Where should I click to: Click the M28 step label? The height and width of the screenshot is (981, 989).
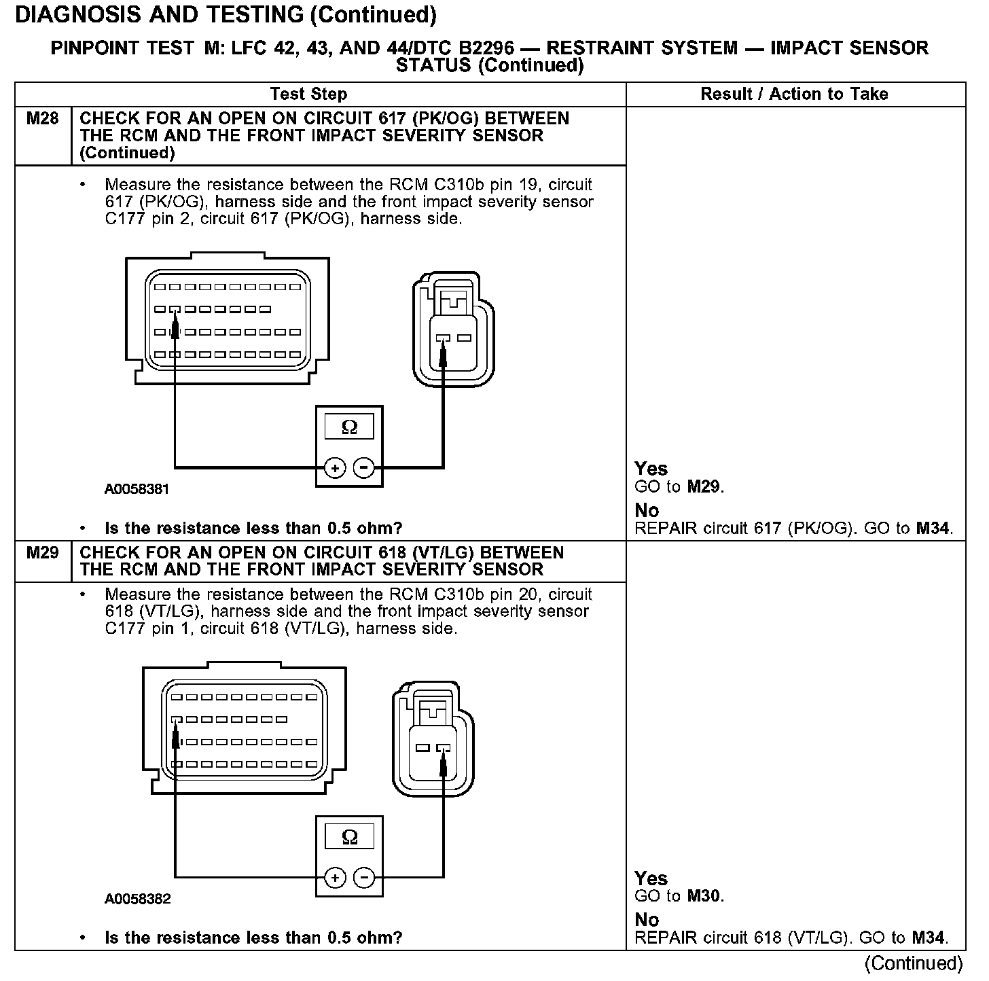(x=42, y=119)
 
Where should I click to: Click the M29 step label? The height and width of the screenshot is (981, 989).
(x=42, y=553)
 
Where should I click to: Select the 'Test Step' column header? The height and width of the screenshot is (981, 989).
(x=308, y=94)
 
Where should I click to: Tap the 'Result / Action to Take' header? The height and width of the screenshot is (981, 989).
(x=794, y=94)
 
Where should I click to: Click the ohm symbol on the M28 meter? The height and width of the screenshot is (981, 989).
(x=349, y=427)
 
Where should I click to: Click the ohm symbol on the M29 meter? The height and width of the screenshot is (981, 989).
(x=349, y=837)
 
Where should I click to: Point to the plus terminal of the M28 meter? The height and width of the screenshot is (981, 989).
(x=335, y=467)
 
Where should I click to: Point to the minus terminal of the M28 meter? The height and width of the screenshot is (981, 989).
(x=364, y=467)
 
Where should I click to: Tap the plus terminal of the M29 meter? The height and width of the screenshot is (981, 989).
(x=335, y=878)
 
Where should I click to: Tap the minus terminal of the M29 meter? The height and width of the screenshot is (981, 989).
(x=364, y=878)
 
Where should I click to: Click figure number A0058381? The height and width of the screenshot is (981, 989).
(x=137, y=489)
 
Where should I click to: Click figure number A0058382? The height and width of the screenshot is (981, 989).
(x=137, y=899)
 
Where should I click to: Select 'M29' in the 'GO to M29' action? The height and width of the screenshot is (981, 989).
(x=704, y=486)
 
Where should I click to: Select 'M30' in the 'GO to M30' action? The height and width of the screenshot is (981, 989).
(x=704, y=896)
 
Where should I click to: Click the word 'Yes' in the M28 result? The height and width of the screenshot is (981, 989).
(x=651, y=469)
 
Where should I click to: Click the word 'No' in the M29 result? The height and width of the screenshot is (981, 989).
(x=647, y=920)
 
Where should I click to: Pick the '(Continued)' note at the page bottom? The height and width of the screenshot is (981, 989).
(x=914, y=963)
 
